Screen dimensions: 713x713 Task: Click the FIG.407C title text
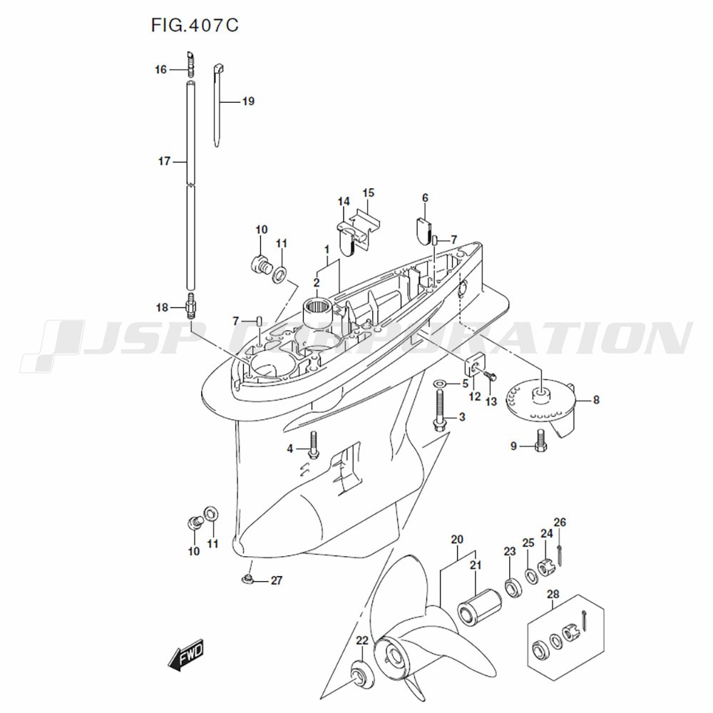(x=194, y=26)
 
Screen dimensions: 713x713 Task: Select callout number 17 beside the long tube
(x=164, y=162)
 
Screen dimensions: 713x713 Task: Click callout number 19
(x=247, y=101)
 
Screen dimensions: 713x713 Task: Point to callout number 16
(x=160, y=70)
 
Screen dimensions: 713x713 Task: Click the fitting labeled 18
(x=191, y=307)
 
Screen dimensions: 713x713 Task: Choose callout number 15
(x=368, y=193)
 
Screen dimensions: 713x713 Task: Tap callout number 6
(x=425, y=198)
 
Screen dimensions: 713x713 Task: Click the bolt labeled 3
(x=439, y=414)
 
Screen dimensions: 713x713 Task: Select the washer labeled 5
(x=441, y=384)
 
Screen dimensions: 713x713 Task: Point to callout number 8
(x=596, y=400)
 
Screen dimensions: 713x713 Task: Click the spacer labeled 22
(x=361, y=672)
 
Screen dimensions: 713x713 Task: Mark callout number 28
(x=553, y=595)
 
